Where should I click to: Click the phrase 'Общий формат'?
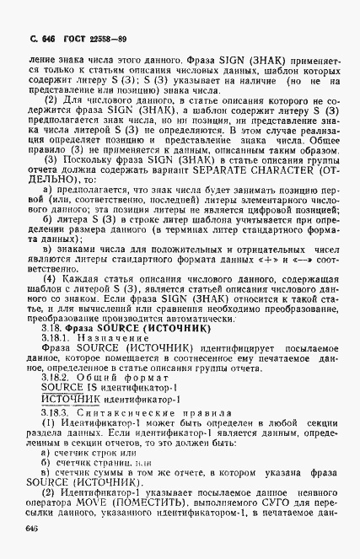pos(110,377)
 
